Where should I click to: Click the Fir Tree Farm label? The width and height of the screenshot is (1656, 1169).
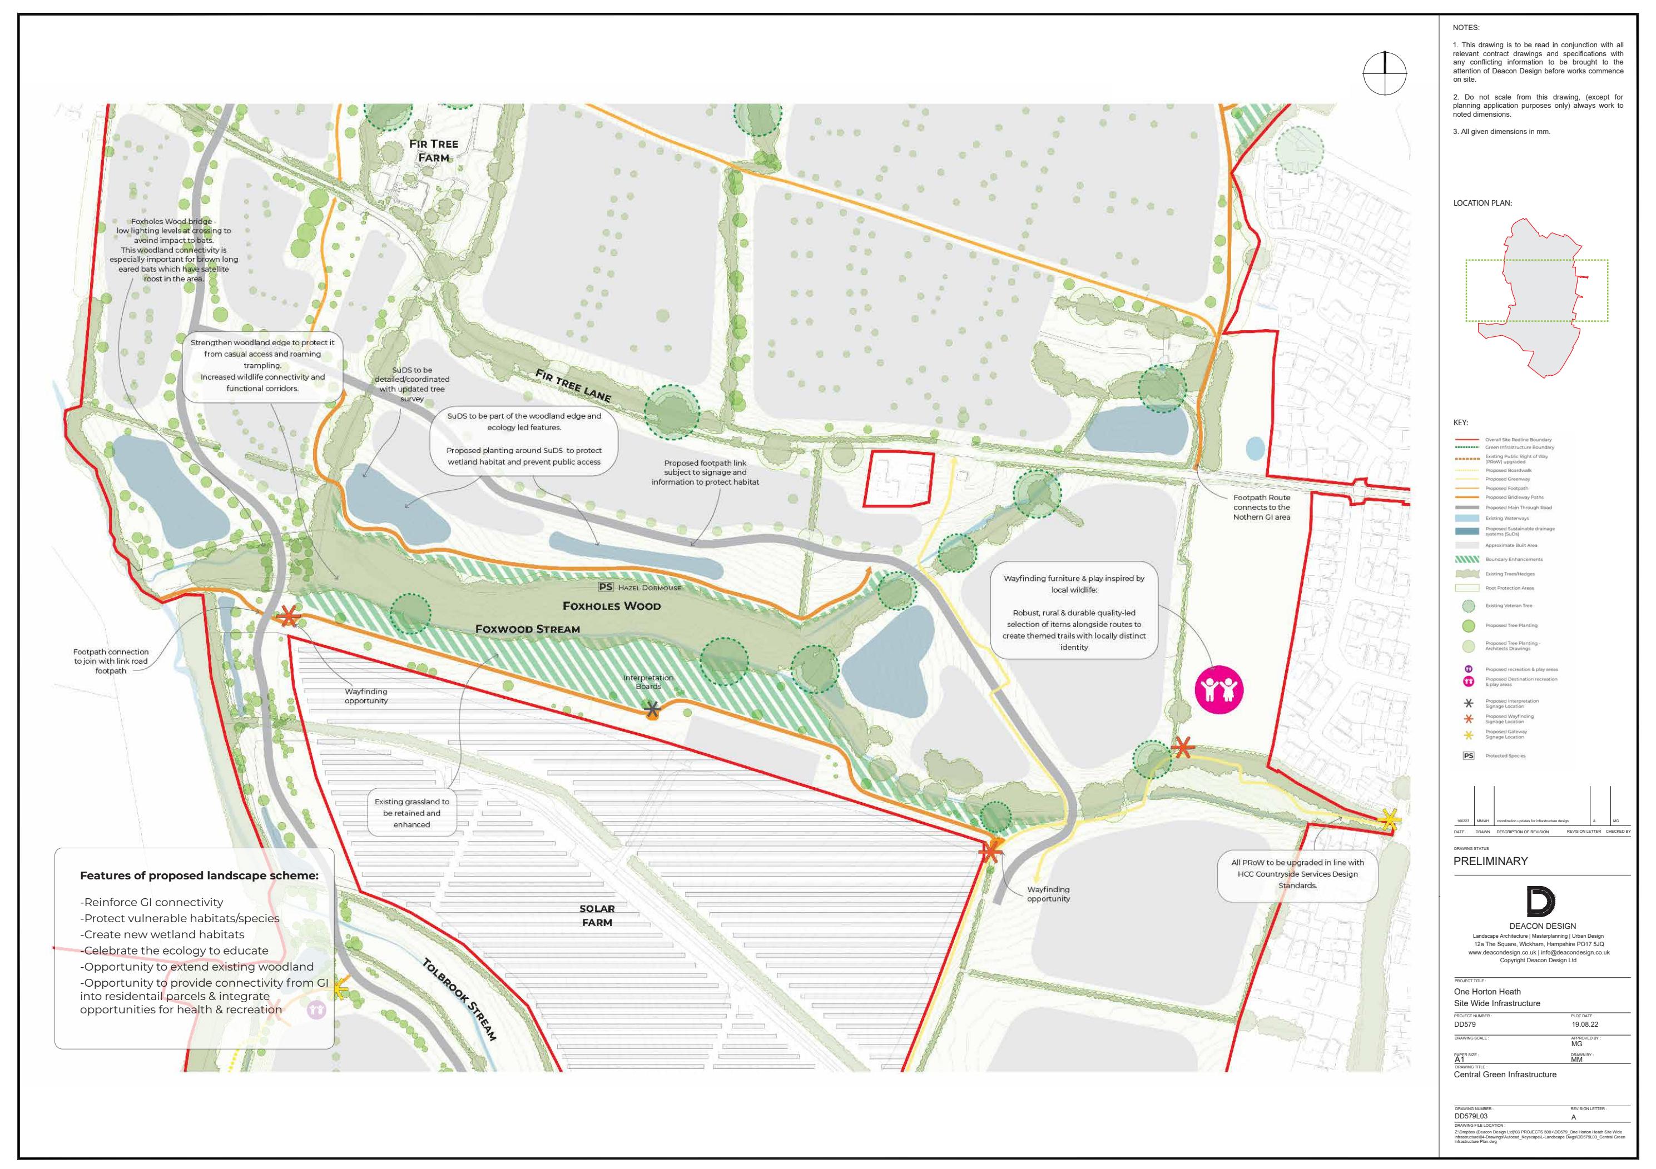pos(434,150)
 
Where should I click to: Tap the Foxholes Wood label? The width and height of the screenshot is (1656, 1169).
pos(612,606)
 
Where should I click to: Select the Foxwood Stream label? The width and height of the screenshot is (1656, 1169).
pos(527,629)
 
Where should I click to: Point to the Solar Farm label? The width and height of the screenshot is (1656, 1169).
pos(597,915)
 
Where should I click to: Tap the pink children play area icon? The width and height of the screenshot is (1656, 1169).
pos(1219,689)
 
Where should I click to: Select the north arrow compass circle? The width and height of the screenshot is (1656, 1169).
pos(1384,73)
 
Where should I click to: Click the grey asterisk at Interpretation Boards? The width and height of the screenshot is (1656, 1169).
pos(652,710)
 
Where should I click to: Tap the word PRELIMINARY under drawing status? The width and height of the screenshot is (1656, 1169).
pos(1490,861)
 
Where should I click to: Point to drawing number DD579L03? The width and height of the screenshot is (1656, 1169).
pos(1471,1116)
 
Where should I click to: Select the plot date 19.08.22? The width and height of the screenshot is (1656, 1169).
pos(1585,1024)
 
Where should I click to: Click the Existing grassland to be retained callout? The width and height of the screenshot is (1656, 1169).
pos(412,813)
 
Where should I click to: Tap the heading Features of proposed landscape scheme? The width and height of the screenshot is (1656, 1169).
pos(199,875)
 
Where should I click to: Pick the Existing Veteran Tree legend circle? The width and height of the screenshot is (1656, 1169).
pos(1469,606)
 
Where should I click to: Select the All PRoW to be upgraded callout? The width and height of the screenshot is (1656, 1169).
pos(1297,873)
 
